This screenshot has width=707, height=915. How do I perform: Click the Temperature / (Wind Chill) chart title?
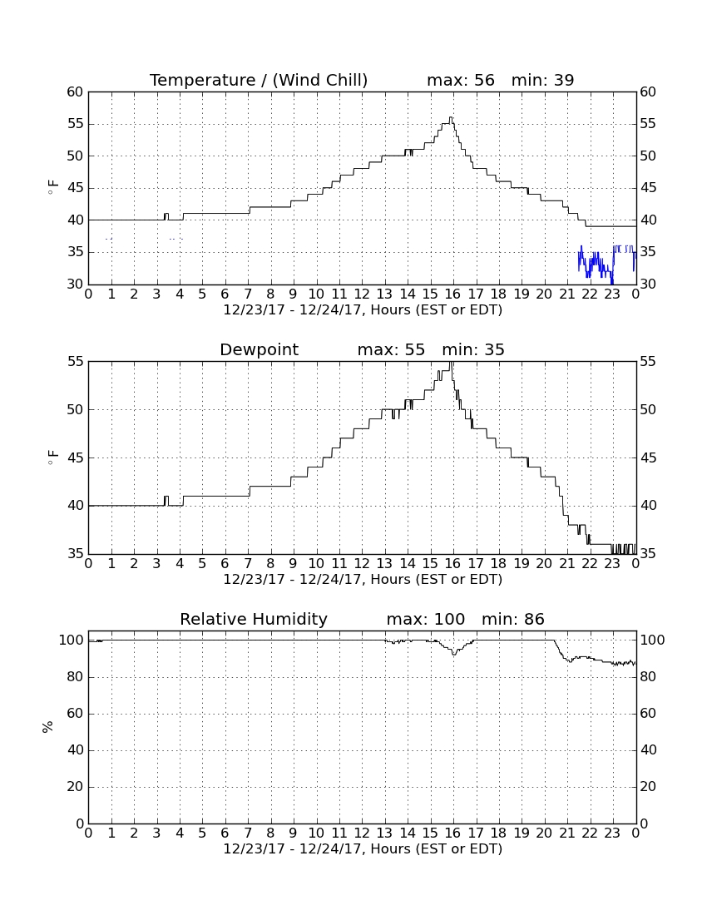pyautogui.click(x=259, y=80)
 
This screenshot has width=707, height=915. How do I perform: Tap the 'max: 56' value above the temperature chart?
pyautogui.click(x=461, y=80)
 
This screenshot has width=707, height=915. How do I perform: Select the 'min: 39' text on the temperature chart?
pyautogui.click(x=543, y=80)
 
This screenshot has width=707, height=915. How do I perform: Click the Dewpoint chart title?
pyautogui.click(x=259, y=350)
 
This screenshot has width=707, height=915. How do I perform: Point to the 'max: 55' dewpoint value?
pyautogui.click(x=392, y=350)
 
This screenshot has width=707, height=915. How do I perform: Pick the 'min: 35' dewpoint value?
pyautogui.click(x=473, y=350)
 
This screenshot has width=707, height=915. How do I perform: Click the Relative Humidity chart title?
pyautogui.click(x=254, y=619)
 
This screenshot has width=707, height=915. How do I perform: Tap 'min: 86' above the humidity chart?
pyautogui.click(x=513, y=619)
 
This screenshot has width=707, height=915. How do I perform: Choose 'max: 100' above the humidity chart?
pyautogui.click(x=426, y=619)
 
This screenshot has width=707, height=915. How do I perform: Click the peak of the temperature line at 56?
pyautogui.click(x=450, y=117)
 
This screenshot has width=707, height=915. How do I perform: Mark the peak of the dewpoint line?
pyautogui.click(x=451, y=363)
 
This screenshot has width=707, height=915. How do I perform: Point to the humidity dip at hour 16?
pyautogui.click(x=454, y=655)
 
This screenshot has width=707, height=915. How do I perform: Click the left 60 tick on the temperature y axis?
pyautogui.click(x=76, y=92)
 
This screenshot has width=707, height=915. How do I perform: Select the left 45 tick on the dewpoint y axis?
pyautogui.click(x=76, y=458)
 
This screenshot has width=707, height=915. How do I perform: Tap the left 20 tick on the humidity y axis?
pyautogui.click(x=76, y=787)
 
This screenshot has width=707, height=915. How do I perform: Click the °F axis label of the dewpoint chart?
pyautogui.click(x=53, y=457)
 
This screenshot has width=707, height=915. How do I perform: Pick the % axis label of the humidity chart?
pyautogui.click(x=48, y=727)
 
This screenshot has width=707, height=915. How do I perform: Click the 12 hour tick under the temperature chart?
pyautogui.click(x=362, y=294)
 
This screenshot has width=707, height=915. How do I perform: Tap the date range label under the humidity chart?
pyautogui.click(x=363, y=848)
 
